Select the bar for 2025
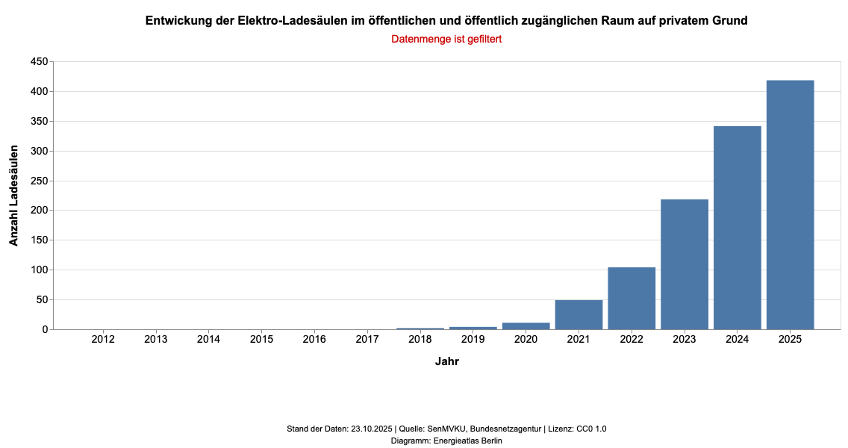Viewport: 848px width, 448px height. [x=790, y=205]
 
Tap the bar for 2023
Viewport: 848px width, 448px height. [x=685, y=264]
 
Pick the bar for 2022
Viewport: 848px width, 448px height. [x=632, y=298]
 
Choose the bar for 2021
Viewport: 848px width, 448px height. [x=579, y=314]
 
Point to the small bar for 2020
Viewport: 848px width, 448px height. [x=526, y=326]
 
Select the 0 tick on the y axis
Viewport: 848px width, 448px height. [x=44, y=329]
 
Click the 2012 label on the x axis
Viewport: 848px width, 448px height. [x=103, y=340]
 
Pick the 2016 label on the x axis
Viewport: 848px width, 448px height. [x=314, y=340]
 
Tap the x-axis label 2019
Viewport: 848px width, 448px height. [x=473, y=340]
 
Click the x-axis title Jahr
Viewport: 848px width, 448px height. [x=446, y=362]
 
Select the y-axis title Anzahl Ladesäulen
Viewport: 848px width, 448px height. [x=13, y=196]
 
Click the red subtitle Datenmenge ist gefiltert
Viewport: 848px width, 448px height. [x=446, y=39]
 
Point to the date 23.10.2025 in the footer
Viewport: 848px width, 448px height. [x=371, y=429]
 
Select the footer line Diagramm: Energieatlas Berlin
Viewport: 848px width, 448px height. [x=446, y=441]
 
